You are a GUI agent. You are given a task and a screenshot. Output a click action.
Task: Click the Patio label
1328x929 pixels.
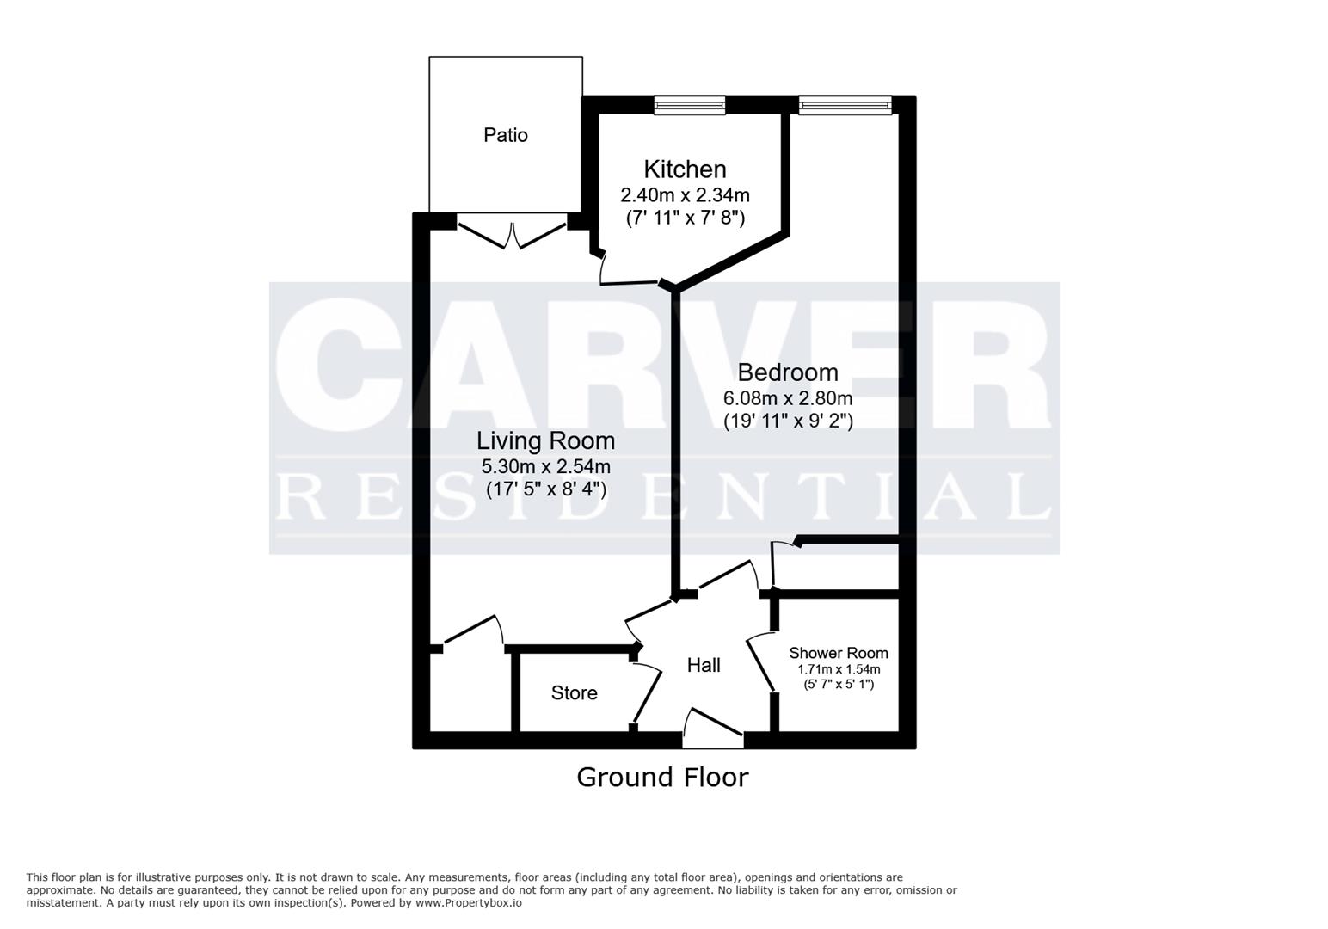[505, 135]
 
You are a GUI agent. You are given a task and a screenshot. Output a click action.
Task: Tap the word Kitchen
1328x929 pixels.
[685, 169]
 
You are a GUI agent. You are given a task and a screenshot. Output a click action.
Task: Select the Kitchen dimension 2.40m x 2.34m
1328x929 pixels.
[685, 194]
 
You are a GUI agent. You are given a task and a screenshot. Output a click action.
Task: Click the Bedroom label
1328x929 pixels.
[787, 372]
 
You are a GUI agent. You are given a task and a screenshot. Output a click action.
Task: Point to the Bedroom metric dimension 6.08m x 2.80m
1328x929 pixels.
[787, 397]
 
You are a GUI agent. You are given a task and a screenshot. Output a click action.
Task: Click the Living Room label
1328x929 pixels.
[545, 441]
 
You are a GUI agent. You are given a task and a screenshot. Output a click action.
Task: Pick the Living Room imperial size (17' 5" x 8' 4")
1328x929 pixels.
[545, 489]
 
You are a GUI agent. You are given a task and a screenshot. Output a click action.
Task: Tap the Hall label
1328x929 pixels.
[704, 665]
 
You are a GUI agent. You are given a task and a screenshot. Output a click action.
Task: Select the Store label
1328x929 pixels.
[574, 693]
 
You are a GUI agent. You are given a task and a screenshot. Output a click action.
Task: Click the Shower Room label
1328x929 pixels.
[839, 654]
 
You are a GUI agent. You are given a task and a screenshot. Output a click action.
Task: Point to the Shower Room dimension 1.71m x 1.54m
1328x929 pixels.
[839, 669]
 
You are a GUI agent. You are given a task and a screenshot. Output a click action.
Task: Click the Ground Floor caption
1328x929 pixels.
[663, 778]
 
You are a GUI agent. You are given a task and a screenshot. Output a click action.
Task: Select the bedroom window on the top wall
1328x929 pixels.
[845, 106]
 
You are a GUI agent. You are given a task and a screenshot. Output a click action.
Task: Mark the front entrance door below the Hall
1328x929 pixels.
[713, 729]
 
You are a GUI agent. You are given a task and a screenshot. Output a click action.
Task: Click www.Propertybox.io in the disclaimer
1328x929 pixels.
[469, 903]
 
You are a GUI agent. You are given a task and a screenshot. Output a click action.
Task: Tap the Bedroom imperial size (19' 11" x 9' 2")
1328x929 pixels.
[788, 421]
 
